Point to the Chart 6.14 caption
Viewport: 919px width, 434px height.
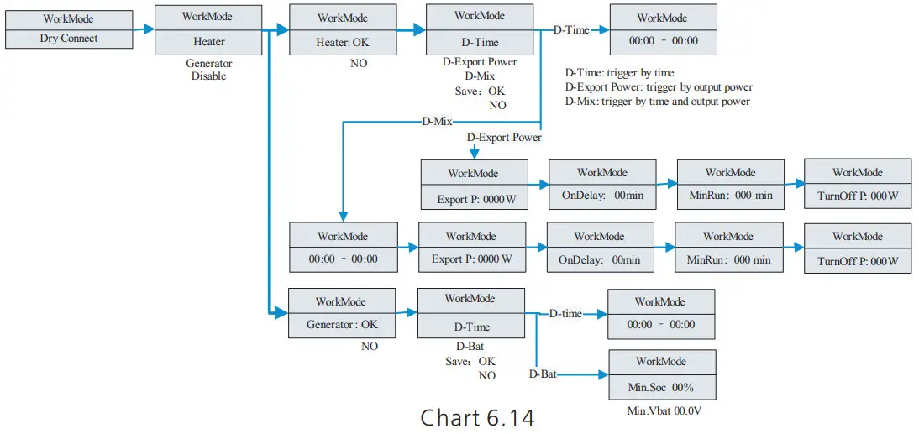pos(476,417)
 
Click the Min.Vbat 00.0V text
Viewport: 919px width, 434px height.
pos(663,411)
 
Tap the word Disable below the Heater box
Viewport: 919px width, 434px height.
pos(208,76)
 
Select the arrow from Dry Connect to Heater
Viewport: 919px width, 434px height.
pos(143,29)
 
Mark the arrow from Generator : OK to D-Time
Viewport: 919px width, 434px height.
pos(406,312)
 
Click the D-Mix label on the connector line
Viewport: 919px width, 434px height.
pos(437,121)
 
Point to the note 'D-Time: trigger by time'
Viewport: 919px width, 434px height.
pos(619,73)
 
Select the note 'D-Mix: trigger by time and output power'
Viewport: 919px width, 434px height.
pos(657,102)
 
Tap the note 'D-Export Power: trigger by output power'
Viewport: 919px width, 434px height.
pos(659,87)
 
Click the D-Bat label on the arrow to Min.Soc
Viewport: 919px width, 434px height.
pos(542,374)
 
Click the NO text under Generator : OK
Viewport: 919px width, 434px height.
pos(370,346)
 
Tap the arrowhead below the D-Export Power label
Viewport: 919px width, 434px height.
pos(475,153)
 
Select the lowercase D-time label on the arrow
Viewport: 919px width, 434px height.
pos(565,313)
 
